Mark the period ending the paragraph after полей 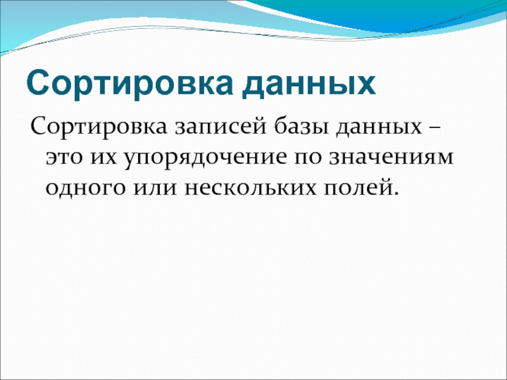click(x=398, y=193)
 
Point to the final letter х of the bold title click(x=366, y=84)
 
